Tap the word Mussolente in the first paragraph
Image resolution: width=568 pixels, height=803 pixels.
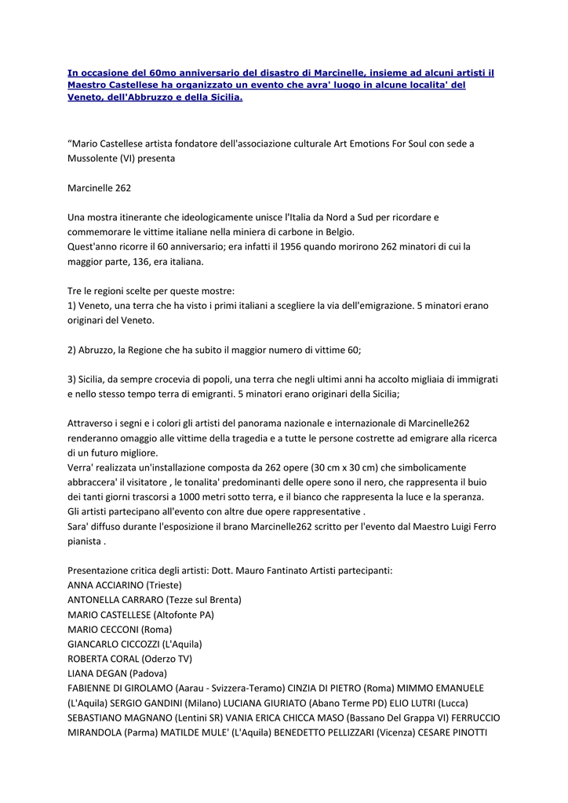click(x=93, y=158)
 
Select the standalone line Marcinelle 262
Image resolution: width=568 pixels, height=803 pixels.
click(x=100, y=187)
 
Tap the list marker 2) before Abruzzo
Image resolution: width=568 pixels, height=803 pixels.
click(x=73, y=350)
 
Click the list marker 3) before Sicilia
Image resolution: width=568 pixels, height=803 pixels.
click(x=73, y=379)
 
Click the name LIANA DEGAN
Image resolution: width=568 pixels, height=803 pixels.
click(x=96, y=674)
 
